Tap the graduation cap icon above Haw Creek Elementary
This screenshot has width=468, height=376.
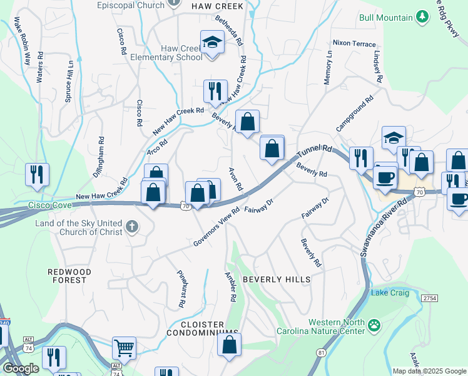pyautogui.click(x=212, y=43)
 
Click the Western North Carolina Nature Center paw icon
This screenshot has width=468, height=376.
pyautogui.click(x=374, y=325)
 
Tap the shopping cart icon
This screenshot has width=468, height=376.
pyautogui.click(x=124, y=347)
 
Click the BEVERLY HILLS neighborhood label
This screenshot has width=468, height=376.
pyautogui.click(x=276, y=279)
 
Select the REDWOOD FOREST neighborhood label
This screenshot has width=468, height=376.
pyautogui.click(x=69, y=276)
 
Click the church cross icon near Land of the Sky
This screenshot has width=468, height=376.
pyautogui.click(x=131, y=226)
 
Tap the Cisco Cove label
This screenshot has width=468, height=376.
pyautogui.click(x=49, y=205)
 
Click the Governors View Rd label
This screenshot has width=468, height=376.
pyautogui.click(x=216, y=226)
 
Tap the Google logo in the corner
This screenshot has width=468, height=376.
pyautogui.click(x=21, y=368)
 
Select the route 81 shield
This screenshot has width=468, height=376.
pyautogui.click(x=321, y=353)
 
